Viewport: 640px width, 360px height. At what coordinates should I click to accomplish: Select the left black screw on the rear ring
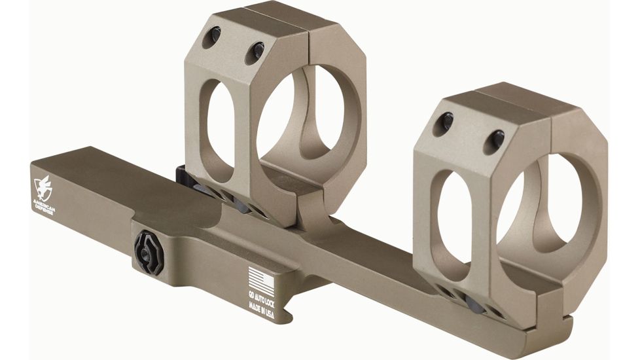coord(214,37)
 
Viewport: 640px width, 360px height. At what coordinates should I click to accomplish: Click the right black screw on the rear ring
coord(257,49)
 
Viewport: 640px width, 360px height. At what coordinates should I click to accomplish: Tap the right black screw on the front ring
coord(495,137)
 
